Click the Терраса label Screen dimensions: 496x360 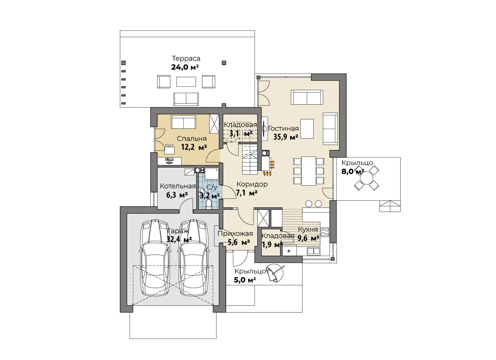pos(186,58)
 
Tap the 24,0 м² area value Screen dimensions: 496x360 pos(185,67)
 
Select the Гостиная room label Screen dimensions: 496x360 pos(283,128)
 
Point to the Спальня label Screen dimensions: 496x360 pos(191,139)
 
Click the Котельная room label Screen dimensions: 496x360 pos(178,186)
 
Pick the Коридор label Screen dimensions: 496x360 pos(252,184)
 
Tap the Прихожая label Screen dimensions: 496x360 pos(235,233)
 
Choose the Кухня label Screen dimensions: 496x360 pos(308,229)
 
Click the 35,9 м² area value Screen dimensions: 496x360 pos(286,137)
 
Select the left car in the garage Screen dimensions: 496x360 pos(155,258)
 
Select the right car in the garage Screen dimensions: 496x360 pos(194,258)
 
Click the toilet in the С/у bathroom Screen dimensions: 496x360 pos(208,204)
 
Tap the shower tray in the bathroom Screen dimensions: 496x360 pos(212,174)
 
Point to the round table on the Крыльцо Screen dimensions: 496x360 pos(366,178)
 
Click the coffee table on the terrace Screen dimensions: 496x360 pos(186,82)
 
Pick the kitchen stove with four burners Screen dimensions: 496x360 pos(325,232)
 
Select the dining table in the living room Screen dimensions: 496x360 pos(308,171)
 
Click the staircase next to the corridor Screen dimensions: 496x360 pos(250,159)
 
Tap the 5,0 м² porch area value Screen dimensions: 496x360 pos(245,280)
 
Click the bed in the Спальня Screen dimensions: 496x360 pos(183,122)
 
